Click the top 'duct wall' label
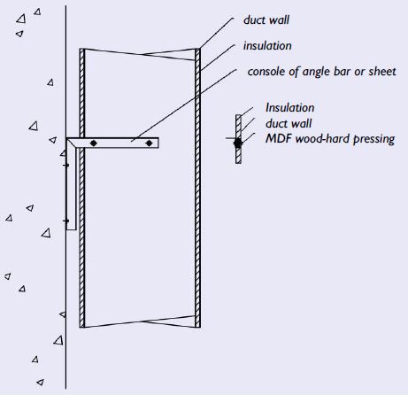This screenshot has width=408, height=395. click(x=266, y=20)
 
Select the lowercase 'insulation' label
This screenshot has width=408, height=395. click(x=267, y=46)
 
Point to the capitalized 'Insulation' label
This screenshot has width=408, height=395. click(x=290, y=107)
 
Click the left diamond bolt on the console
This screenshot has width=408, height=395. click(x=94, y=143)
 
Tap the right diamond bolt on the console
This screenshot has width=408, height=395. click(x=150, y=143)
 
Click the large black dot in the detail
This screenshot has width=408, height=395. click(x=238, y=143)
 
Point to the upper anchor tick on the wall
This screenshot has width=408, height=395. click(x=66, y=165)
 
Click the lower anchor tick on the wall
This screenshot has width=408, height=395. click(x=66, y=221)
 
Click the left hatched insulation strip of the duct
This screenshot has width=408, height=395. click(x=82, y=188)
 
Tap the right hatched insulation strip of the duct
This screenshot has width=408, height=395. click(x=197, y=188)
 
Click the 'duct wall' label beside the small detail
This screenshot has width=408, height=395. click(x=289, y=123)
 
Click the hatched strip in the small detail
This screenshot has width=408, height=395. click(x=238, y=139)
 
